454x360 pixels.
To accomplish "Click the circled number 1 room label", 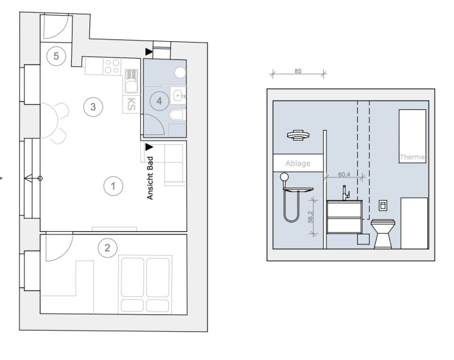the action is (x=113, y=186).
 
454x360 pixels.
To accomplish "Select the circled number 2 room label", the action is (x=108, y=247).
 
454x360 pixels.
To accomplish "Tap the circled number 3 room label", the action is (x=93, y=107).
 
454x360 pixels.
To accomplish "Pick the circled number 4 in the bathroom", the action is (x=159, y=101).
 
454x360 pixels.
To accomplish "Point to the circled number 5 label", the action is (x=56, y=56).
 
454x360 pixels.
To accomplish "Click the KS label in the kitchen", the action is (x=131, y=104).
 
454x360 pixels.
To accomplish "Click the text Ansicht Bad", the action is (x=149, y=178).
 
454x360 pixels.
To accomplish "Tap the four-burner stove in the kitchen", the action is (x=112, y=66).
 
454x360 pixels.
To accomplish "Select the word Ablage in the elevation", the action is (x=298, y=164).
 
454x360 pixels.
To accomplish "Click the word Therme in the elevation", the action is (x=412, y=157).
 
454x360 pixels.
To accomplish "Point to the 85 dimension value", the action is (x=298, y=71).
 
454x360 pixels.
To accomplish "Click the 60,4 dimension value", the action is (x=344, y=175).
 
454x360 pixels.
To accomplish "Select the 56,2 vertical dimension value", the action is (x=310, y=217).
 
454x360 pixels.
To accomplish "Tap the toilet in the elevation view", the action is (x=383, y=234).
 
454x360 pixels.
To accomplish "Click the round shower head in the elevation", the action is (x=285, y=177).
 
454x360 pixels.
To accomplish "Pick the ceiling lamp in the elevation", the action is (x=298, y=135).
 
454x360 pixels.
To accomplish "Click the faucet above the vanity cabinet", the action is (x=346, y=193).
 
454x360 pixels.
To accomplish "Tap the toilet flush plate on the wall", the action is (x=383, y=206).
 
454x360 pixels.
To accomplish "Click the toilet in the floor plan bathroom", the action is (x=176, y=115).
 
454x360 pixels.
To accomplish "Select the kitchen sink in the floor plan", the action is (x=131, y=86).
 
